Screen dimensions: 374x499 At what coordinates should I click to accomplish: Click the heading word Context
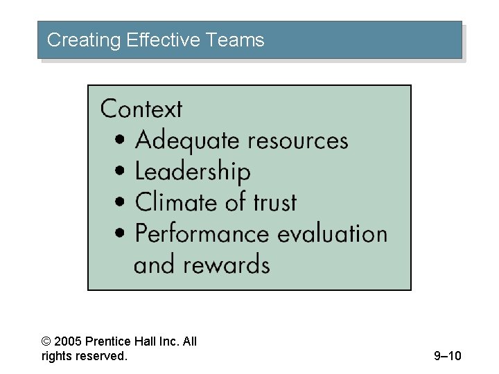(141, 109)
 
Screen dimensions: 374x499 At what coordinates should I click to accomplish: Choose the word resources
(298, 141)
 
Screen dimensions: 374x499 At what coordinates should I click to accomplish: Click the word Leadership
(193, 172)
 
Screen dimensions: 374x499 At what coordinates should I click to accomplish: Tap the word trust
(274, 202)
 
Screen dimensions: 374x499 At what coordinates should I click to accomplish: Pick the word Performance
(202, 233)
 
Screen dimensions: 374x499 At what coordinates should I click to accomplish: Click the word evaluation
(332, 233)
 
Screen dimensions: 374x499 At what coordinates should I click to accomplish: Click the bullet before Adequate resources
(121, 141)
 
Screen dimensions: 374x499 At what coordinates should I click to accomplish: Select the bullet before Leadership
(121, 172)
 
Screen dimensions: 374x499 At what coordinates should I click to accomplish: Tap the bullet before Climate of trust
(121, 203)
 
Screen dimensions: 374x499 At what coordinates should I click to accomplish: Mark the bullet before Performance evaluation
(121, 234)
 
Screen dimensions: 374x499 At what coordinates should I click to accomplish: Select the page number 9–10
(447, 356)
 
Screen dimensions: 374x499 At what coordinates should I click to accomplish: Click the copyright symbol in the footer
(46, 341)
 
